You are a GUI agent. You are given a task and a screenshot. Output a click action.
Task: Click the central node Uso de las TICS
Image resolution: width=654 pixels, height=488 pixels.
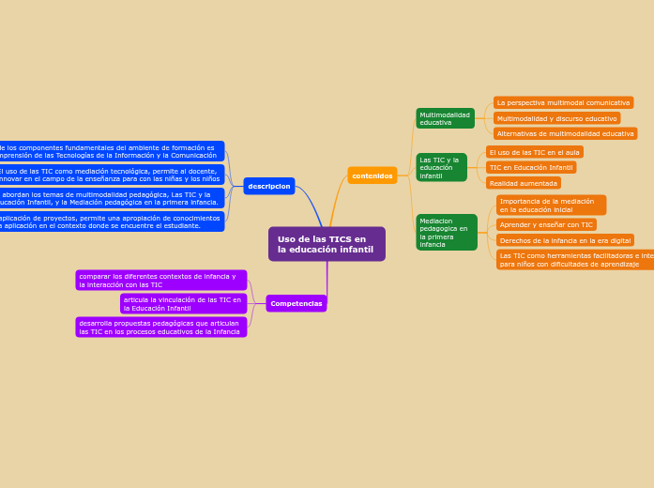326,244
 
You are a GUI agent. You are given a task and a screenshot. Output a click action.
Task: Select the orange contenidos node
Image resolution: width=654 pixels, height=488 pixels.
373,175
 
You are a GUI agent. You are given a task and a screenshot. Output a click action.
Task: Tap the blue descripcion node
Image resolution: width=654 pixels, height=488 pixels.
269,186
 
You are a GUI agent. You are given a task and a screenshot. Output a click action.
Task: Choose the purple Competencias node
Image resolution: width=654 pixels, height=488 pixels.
297,303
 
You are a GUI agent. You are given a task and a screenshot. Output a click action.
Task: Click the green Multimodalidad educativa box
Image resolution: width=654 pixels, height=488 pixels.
445,118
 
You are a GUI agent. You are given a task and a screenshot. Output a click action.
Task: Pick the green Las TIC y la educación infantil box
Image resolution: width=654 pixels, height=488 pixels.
441,167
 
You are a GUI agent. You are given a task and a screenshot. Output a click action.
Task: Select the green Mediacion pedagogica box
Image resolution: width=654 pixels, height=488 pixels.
446,233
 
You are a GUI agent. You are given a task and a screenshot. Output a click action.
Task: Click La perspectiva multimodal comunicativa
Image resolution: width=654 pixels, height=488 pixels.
563,102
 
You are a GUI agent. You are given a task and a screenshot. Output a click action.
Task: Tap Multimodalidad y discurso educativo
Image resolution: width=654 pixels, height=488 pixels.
556,118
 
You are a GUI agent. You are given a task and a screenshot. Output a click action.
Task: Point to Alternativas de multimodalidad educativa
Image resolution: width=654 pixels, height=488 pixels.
565,133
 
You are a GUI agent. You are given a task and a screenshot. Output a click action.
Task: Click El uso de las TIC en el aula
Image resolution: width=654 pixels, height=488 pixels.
534,152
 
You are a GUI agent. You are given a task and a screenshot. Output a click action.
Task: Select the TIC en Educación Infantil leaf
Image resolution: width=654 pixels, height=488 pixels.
530,167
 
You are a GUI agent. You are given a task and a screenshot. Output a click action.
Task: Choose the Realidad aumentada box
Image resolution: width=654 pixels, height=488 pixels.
523,183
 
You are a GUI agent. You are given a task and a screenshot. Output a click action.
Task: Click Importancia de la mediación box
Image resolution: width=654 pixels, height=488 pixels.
551,205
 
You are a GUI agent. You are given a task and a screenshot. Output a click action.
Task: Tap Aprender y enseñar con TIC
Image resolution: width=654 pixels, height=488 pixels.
546,224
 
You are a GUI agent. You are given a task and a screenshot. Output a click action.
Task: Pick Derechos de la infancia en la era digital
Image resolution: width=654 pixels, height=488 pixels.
565,240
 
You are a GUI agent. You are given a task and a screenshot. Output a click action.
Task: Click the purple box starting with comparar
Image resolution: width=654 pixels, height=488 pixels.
161,280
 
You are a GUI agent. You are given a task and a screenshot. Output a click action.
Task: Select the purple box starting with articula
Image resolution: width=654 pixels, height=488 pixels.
183,303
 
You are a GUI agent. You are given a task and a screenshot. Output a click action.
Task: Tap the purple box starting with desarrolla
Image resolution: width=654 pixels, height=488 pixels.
161,327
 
